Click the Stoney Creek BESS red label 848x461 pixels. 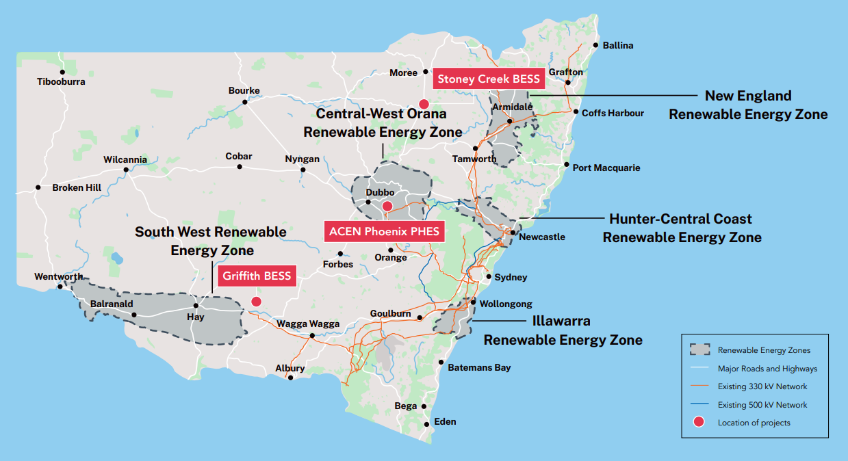click(x=489, y=79)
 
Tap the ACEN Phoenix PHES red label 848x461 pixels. click(x=383, y=231)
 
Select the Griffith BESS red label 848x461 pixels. click(x=257, y=276)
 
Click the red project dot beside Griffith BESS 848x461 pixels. click(x=257, y=301)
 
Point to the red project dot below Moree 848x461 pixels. click(x=424, y=104)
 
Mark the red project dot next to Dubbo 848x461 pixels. click(x=387, y=206)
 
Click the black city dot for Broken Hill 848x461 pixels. click(x=38, y=187)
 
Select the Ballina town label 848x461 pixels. click(x=617, y=46)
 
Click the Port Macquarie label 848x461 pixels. click(x=606, y=168)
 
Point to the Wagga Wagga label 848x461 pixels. click(x=308, y=324)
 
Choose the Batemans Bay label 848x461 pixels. click(x=479, y=368)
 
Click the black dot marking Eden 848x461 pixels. click(x=427, y=423)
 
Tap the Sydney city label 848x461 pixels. click(x=511, y=278)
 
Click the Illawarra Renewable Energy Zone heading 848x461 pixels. click(x=563, y=330)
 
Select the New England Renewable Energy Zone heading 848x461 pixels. click(x=748, y=105)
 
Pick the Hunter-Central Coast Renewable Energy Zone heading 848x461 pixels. click(x=681, y=228)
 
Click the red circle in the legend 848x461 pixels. click(x=698, y=423)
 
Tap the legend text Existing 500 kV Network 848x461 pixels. click(x=762, y=405)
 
